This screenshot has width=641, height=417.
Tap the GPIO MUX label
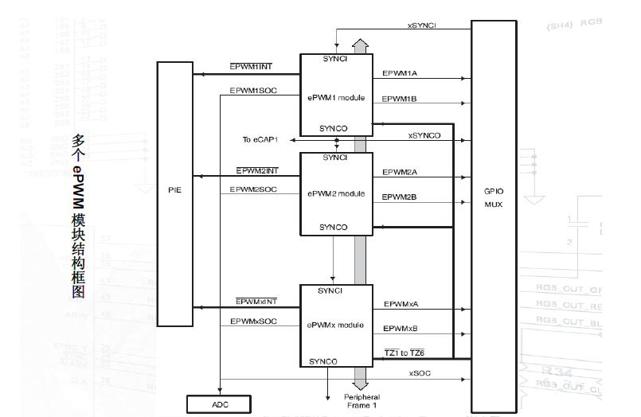click(494, 197)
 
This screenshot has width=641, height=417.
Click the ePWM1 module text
click(337, 98)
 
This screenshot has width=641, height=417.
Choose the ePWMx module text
click(336, 325)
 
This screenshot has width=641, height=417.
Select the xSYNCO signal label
click(424, 135)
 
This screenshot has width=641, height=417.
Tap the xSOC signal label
click(420, 372)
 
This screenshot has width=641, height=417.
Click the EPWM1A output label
click(400, 73)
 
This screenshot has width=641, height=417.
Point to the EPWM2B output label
click(400, 196)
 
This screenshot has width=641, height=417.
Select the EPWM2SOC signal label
click(253, 189)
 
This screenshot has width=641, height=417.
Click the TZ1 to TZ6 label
click(405, 353)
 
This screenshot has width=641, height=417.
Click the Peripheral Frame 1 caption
click(362, 401)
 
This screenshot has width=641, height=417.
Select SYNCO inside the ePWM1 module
click(334, 127)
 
